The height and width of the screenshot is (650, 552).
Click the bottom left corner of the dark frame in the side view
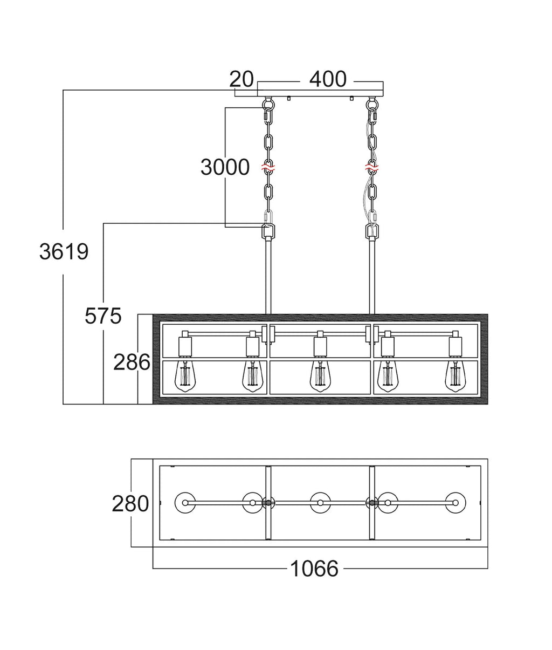click(153, 404)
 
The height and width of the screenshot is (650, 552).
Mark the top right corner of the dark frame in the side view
click(488, 314)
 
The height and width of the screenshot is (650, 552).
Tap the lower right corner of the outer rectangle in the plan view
click(488, 547)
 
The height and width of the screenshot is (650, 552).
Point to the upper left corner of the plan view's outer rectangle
click(153, 459)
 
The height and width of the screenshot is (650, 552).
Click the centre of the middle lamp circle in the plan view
click(320, 503)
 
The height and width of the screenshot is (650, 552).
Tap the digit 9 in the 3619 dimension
click(82, 251)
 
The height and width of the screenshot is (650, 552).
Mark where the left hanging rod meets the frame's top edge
click(268, 314)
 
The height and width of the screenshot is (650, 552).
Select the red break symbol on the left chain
click(268, 167)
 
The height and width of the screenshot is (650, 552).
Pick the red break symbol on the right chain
click(372, 167)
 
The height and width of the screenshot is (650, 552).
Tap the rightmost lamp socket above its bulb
click(455, 346)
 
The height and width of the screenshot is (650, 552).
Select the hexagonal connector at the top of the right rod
click(372, 232)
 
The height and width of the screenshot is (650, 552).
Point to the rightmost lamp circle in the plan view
click(456, 503)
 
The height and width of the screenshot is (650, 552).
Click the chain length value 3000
click(225, 167)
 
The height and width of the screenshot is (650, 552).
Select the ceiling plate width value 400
click(328, 79)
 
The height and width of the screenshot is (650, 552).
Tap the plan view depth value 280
click(130, 503)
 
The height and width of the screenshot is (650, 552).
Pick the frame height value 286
click(132, 362)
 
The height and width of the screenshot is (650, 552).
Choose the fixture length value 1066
click(314, 569)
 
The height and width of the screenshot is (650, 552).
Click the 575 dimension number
click(103, 316)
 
